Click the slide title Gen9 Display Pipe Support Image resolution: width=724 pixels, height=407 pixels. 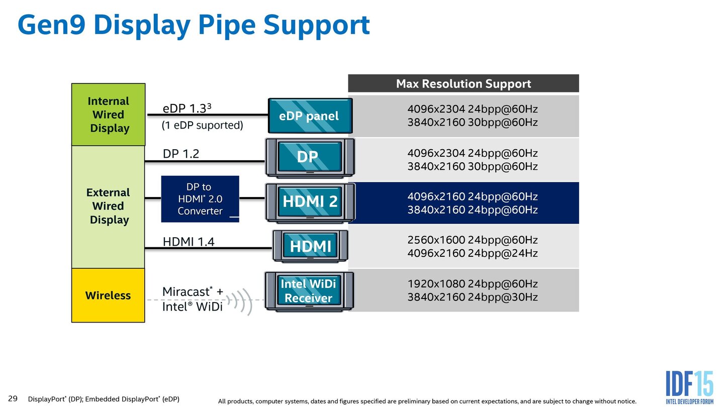tap(194, 25)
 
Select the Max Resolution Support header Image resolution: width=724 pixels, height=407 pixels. tap(463, 83)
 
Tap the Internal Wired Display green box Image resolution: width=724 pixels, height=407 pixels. tap(108, 115)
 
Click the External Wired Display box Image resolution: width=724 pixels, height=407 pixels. tap(108, 206)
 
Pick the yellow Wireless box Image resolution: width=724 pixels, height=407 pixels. tap(108, 295)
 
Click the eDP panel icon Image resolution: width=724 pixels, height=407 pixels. tap(309, 116)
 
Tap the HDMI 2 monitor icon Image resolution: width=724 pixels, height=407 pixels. tap(310, 202)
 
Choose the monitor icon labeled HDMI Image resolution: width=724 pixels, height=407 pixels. tap(310, 246)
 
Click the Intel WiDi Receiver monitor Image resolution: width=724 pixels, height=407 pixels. tap(309, 291)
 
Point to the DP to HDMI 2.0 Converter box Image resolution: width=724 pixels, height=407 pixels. tap(200, 199)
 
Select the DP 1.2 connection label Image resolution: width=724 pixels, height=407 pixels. tap(181, 154)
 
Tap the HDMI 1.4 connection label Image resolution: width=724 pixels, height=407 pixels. tap(189, 242)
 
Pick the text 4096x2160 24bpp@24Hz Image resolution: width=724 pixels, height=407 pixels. tap(472, 253)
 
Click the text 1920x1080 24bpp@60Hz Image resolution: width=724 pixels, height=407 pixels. tap(472, 283)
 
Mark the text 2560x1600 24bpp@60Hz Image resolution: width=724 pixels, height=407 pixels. tap(472, 240)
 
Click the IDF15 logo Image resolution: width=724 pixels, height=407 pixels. tap(689, 387)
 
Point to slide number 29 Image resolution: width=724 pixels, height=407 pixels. tap(13, 398)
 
